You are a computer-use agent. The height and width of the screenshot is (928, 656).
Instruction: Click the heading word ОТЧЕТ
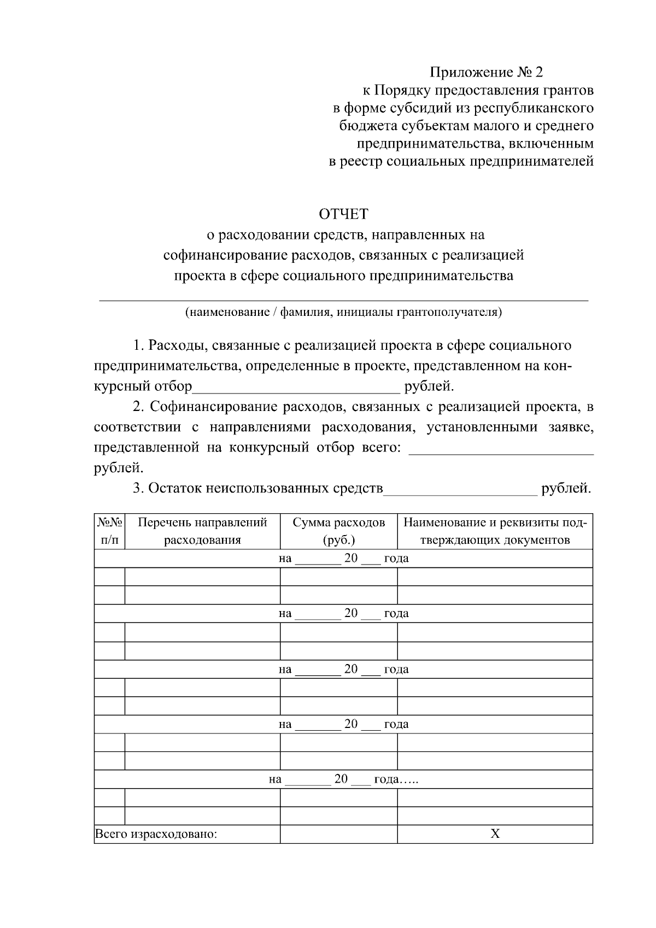[x=343, y=214]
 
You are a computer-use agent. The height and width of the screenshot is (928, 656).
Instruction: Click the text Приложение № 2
[x=487, y=72]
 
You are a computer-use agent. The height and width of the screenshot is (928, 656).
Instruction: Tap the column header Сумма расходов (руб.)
[x=338, y=531]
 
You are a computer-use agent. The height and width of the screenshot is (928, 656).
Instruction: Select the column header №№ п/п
[x=110, y=531]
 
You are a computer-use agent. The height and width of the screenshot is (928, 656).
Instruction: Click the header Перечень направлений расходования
[x=202, y=531]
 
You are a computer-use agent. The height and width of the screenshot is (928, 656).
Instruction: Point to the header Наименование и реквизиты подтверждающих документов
[x=495, y=531]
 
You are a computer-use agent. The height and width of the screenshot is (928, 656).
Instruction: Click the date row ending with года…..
[x=343, y=779]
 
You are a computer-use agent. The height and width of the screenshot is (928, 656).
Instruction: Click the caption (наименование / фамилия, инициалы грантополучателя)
[x=343, y=313]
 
